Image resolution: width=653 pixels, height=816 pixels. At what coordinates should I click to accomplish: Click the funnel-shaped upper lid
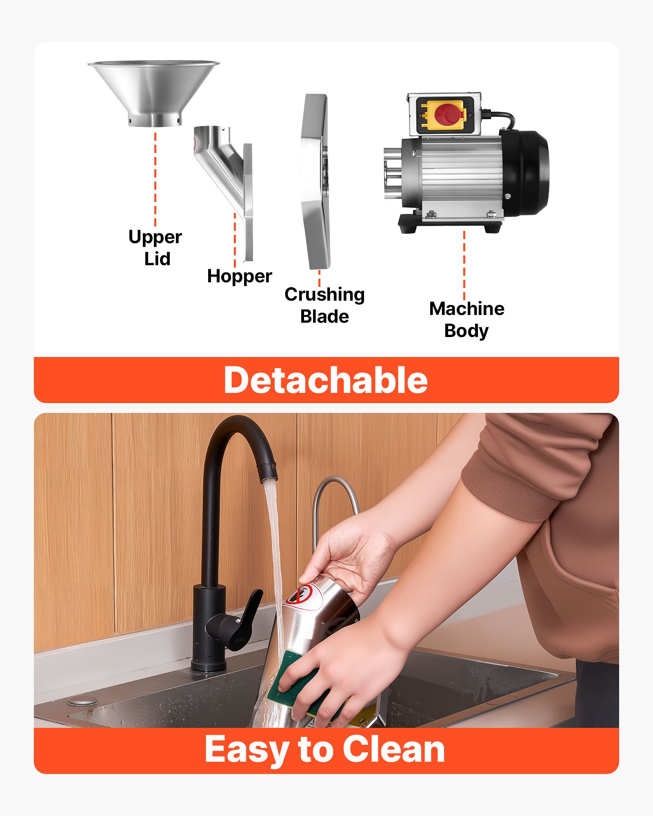[x=154, y=92]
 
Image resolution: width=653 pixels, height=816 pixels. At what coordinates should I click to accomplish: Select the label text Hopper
[x=239, y=276]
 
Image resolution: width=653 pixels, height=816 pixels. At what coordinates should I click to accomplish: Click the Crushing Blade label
[x=324, y=305]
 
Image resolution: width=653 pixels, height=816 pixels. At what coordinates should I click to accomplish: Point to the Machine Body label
[x=466, y=319]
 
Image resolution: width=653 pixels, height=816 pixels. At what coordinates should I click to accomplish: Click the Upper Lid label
[x=155, y=248]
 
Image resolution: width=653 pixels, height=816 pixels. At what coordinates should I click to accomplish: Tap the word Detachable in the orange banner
[x=326, y=380]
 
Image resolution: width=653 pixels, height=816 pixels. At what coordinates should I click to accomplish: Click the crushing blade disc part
[x=315, y=182]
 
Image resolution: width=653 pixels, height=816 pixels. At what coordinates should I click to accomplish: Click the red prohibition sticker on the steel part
[x=304, y=596]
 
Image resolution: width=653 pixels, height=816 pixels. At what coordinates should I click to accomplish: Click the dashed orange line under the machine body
[x=464, y=265]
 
